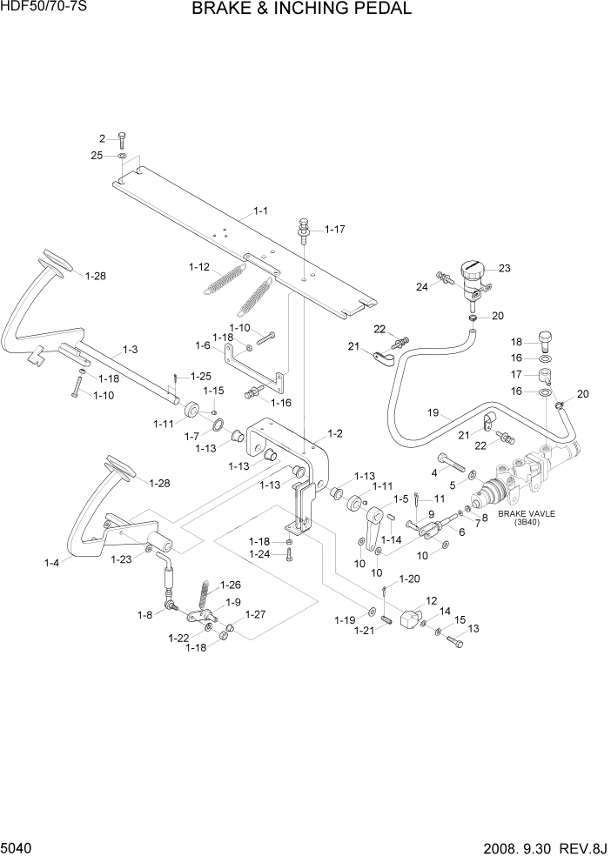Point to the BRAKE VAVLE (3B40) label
coord(526,518)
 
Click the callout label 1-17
coord(335,230)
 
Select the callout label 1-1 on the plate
coord(261,211)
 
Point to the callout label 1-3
coord(130,349)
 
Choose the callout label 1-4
coord(51,563)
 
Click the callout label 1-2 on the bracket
coord(334,432)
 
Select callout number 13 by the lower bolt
coord(473,628)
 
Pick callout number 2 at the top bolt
coord(102,138)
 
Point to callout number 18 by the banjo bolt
coord(516,342)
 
